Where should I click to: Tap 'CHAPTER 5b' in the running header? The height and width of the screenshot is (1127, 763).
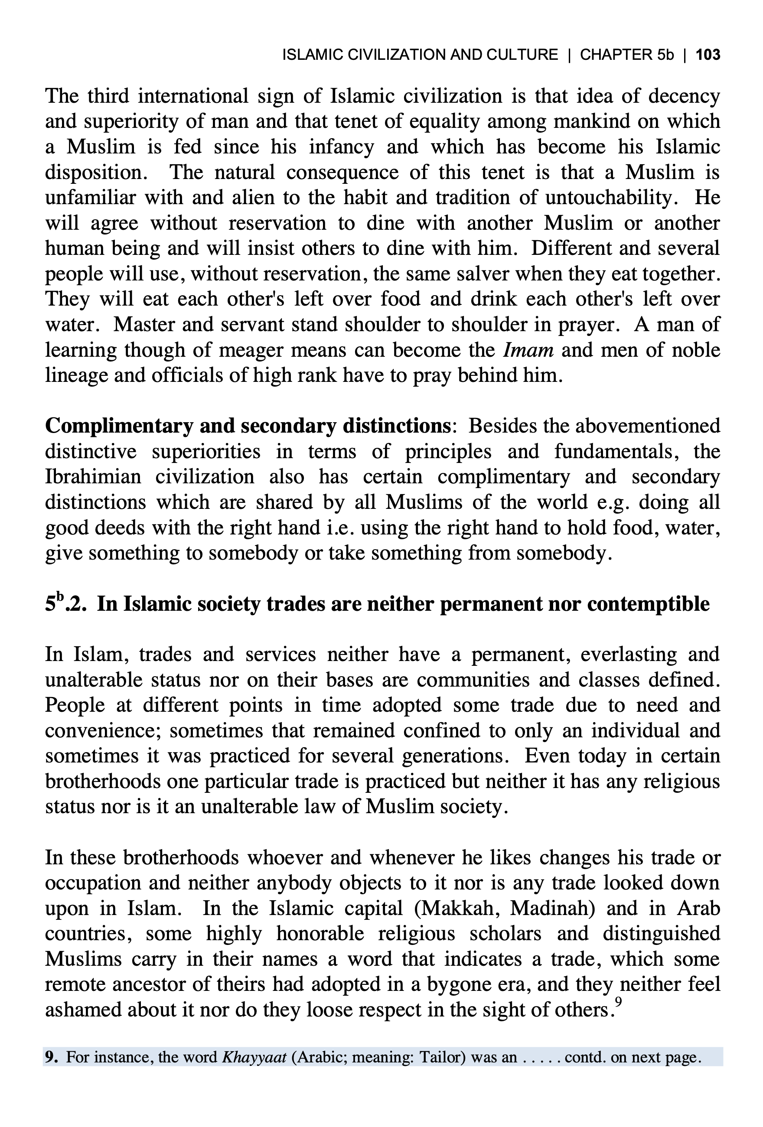pos(627,55)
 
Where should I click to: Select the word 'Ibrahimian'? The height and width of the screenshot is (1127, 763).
pos(93,476)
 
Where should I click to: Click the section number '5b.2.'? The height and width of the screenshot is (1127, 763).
pos(65,604)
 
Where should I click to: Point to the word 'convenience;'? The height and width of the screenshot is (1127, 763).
pos(107,730)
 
